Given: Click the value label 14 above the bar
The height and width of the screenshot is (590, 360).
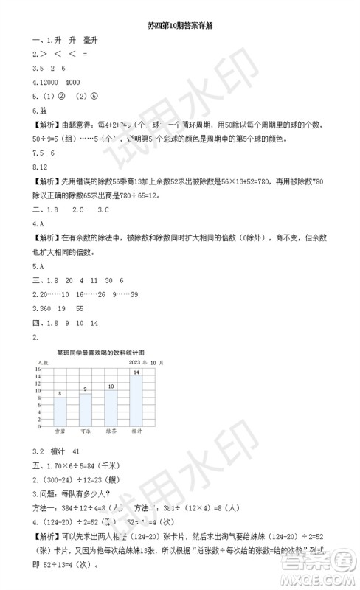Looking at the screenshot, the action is click(x=136, y=372).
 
